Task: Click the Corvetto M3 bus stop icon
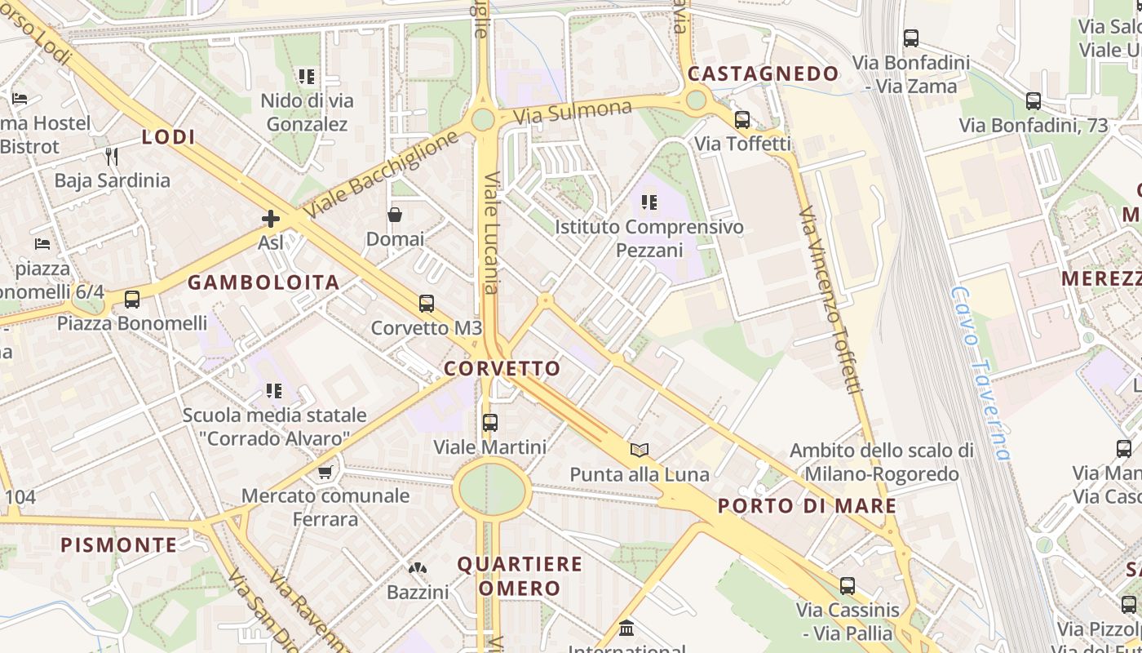tap(426, 304)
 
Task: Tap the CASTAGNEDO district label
tap(763, 73)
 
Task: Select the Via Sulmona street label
tap(573, 113)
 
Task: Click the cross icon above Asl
tap(271, 218)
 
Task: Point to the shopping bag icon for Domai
tap(395, 215)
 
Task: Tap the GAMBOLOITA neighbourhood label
tap(263, 282)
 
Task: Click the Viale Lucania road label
tap(491, 232)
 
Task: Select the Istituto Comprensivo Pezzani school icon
tap(649, 202)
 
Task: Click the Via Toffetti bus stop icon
tap(742, 120)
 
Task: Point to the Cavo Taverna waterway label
tap(980, 373)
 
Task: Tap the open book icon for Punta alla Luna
tap(640, 450)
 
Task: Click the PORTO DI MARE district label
tap(807, 506)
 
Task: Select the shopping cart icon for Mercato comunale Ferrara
tap(325, 472)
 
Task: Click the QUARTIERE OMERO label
tap(520, 575)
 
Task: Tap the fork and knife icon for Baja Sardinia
tap(112, 156)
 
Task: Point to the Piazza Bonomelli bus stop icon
tap(132, 300)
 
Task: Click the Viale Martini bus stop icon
tap(489, 423)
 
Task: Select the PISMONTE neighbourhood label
tap(119, 544)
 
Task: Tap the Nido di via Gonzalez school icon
tap(307, 77)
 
